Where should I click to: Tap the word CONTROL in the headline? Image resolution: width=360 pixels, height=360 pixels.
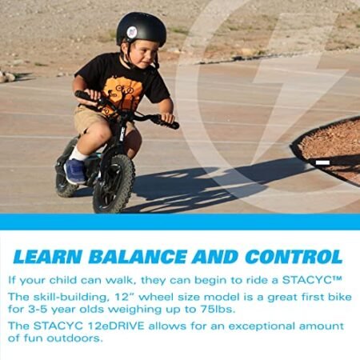pyautogui.click(x=291, y=257)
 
